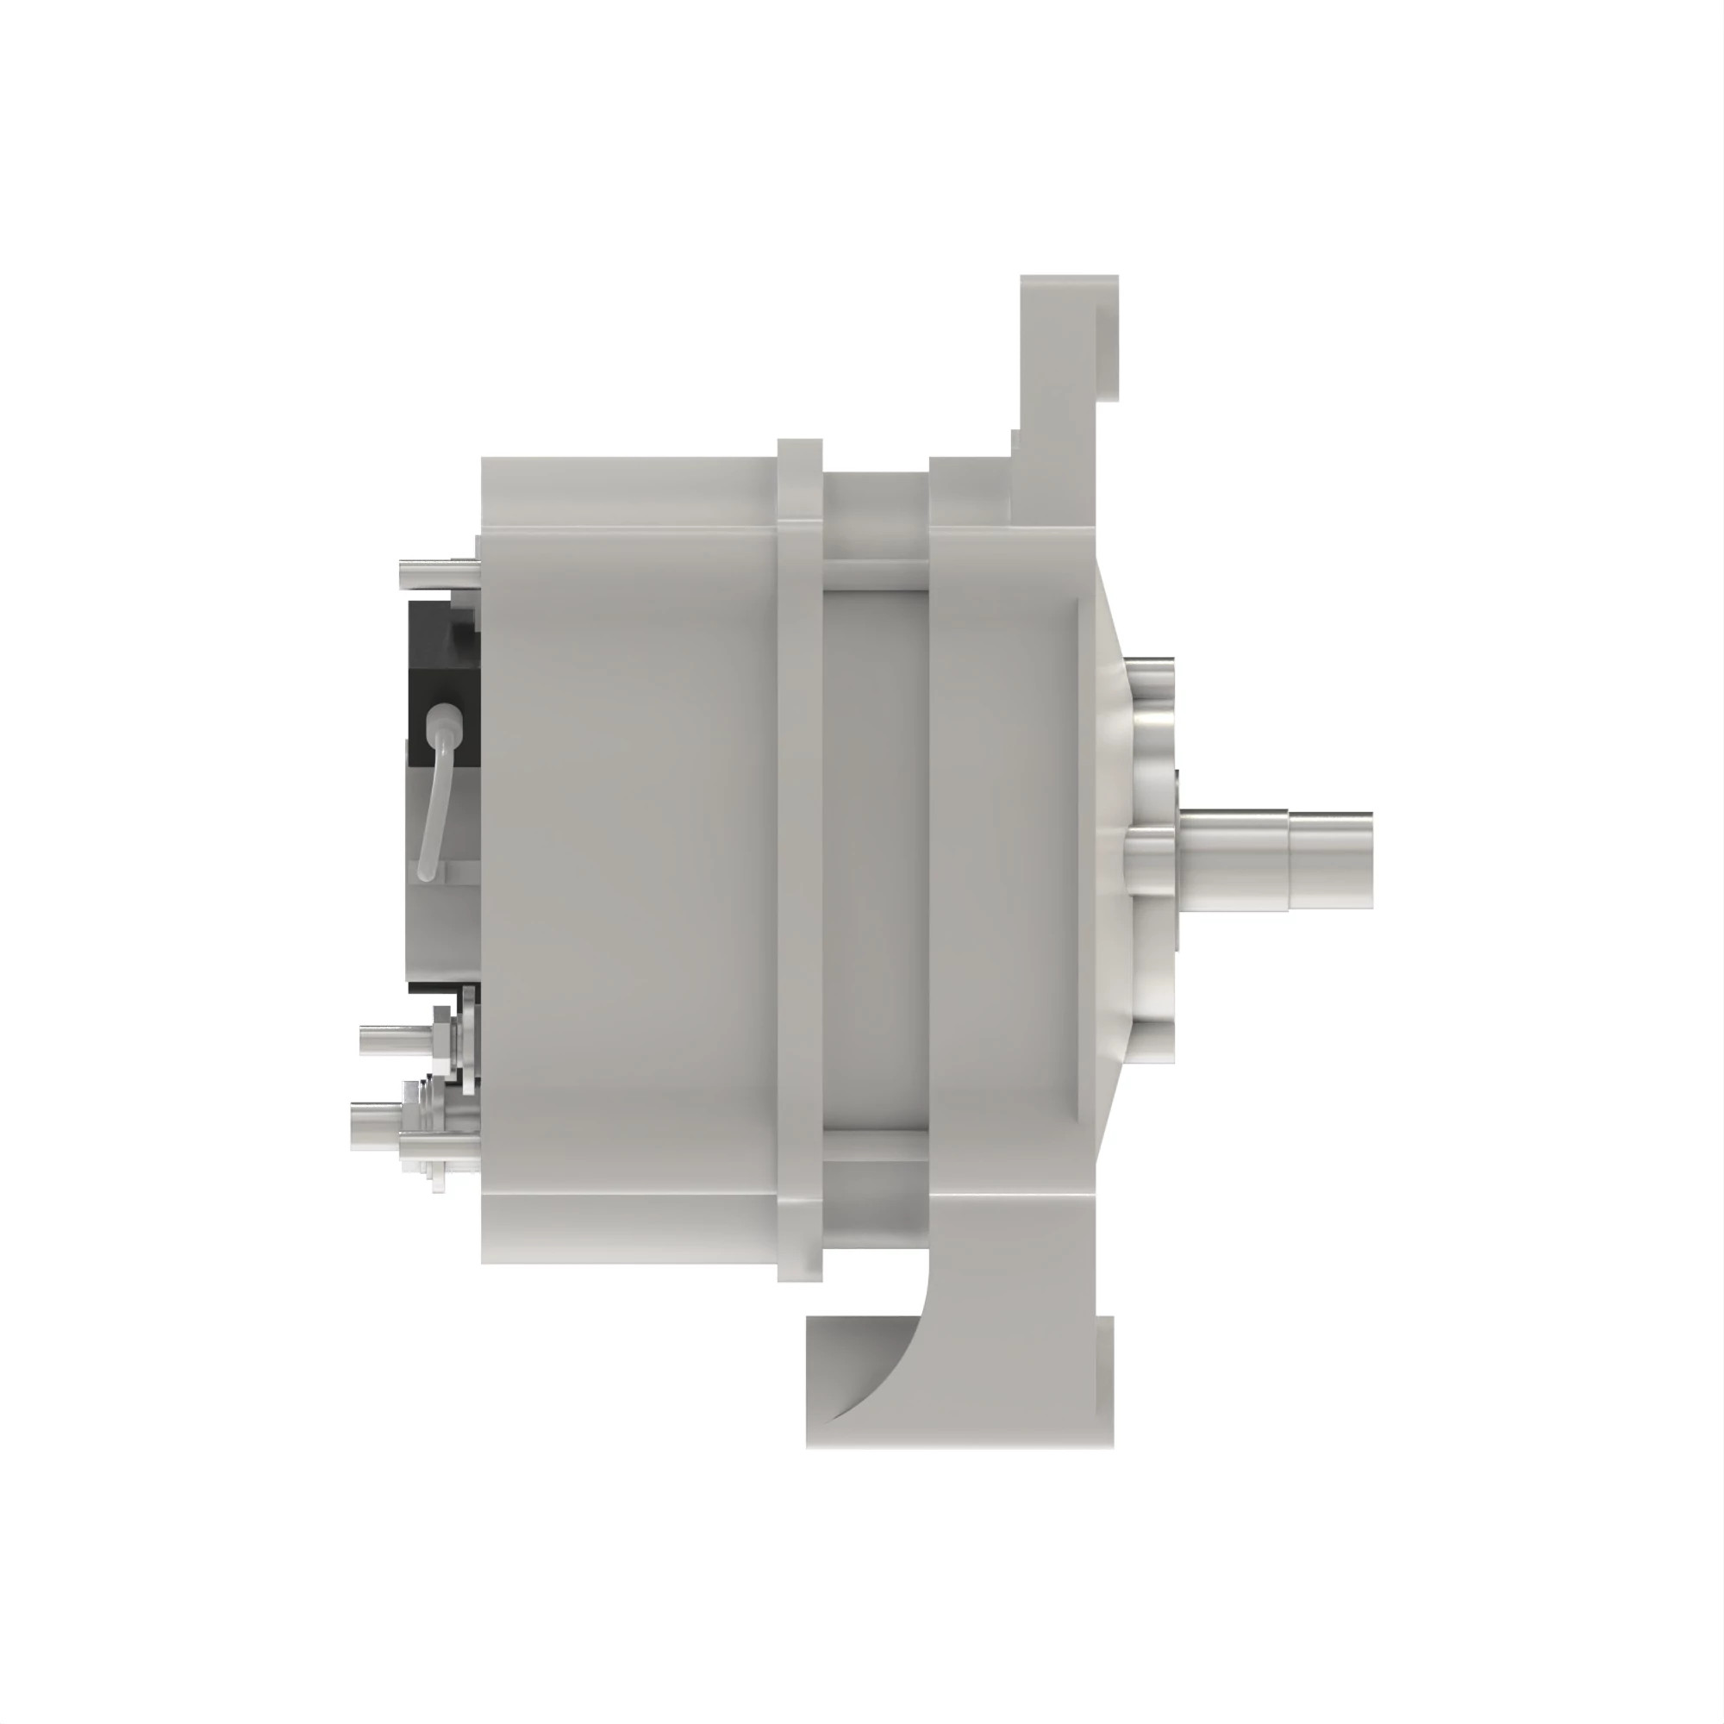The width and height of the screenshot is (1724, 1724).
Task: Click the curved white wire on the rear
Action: coord(434,803)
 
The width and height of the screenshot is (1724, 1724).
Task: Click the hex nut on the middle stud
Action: coord(442,1038)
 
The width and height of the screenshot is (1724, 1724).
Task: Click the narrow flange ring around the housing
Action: coord(799,857)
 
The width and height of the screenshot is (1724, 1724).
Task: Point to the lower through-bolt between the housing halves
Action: coord(874,1145)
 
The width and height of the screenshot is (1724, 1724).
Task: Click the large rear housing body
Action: coord(625,857)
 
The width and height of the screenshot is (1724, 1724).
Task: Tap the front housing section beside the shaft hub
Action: coord(1009,857)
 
